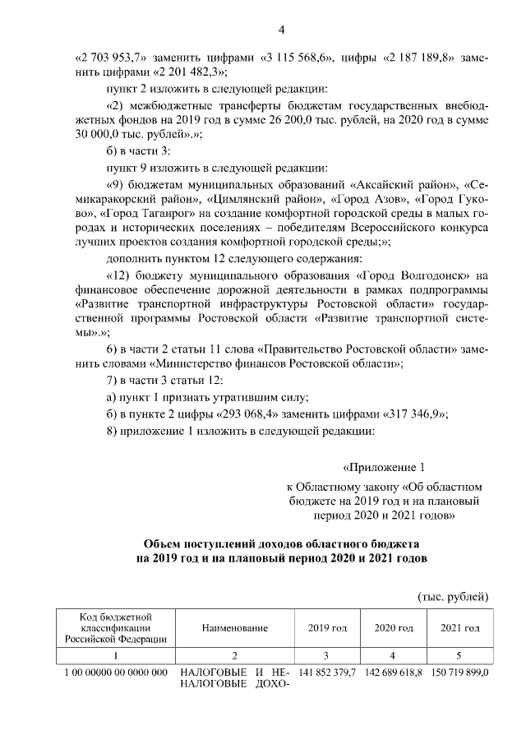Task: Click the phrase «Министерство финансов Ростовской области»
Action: pyautogui.click(x=277, y=363)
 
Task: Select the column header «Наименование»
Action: pyautogui.click(x=234, y=628)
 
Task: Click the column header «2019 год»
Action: pyautogui.click(x=327, y=628)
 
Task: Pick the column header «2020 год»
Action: pyautogui.click(x=393, y=628)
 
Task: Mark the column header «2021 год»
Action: pyautogui.click(x=459, y=628)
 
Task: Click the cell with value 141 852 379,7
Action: pyautogui.click(x=327, y=672)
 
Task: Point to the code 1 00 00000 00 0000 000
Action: pyautogui.click(x=116, y=672)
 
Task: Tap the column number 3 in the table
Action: pyautogui.click(x=327, y=655)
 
